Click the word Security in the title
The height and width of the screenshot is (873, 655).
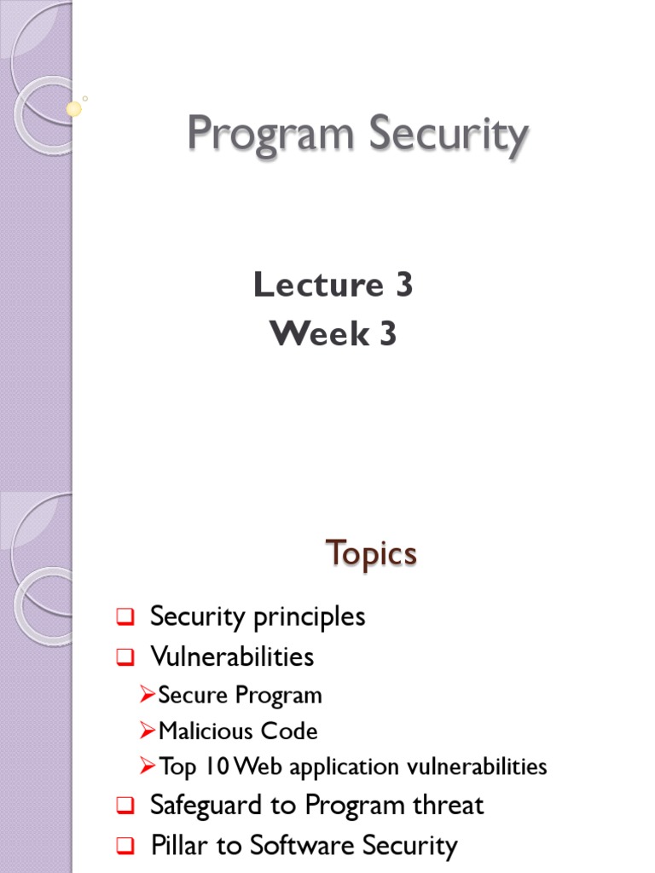(x=447, y=137)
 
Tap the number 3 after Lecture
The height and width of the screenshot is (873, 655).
(x=403, y=286)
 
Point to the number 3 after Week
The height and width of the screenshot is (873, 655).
(x=388, y=334)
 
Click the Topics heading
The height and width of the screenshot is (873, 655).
(x=371, y=555)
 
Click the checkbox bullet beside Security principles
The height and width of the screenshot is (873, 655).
(x=125, y=617)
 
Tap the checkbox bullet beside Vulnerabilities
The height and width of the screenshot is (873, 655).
(x=125, y=657)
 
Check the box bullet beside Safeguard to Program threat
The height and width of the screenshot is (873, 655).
(x=125, y=806)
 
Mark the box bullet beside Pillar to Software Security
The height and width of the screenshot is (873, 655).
(x=125, y=847)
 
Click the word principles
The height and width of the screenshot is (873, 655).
(x=311, y=616)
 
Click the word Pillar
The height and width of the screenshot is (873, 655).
(x=176, y=846)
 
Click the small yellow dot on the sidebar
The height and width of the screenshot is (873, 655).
(x=74, y=109)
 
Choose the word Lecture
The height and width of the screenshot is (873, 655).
(x=316, y=286)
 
